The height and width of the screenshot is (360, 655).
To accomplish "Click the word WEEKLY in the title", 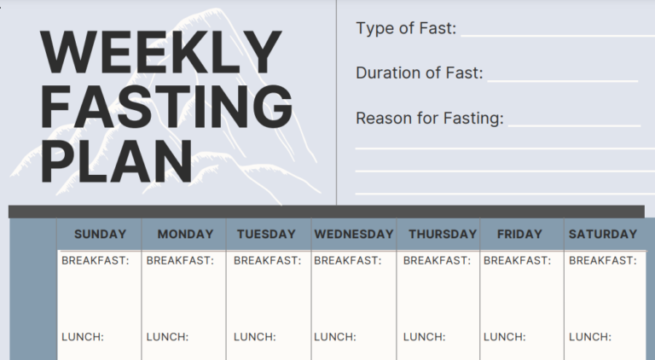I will tap(159, 52).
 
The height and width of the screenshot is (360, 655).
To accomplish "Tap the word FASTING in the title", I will tap(166, 107).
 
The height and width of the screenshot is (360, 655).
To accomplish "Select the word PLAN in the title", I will tap(117, 160).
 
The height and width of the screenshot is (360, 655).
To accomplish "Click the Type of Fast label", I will tap(406, 29).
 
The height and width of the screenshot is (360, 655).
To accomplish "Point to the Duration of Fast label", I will tap(419, 73).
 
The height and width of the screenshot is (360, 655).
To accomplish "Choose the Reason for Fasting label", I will tap(429, 118).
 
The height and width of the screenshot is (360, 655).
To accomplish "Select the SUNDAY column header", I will tap(100, 234).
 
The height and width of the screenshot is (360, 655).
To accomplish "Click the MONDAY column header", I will tap(185, 234).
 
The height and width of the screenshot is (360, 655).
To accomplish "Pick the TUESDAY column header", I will tap(266, 234).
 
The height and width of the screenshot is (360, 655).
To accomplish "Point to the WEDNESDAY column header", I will tap(354, 234).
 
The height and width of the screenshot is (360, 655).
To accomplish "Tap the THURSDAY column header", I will tap(442, 234).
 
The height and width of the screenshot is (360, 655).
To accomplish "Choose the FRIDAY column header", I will tap(519, 234).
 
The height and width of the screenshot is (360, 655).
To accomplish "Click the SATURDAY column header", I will tap(602, 234).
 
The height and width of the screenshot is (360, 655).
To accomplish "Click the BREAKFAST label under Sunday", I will tap(96, 260).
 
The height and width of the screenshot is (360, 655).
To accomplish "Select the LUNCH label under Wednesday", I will tap(335, 337).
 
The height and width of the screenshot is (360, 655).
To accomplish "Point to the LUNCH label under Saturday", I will tap(590, 337).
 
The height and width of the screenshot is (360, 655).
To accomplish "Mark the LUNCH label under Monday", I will tap(167, 337).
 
